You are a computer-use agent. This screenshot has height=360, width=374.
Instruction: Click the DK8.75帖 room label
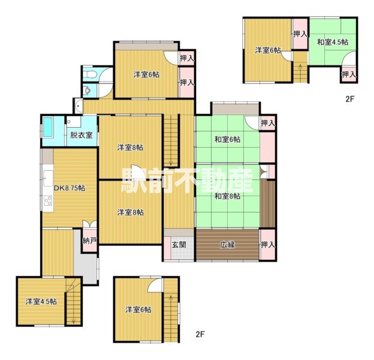tap(70, 188)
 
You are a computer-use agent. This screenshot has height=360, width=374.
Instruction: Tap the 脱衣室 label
tap(82, 135)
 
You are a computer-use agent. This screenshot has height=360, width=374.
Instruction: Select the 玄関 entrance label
tap(179, 245)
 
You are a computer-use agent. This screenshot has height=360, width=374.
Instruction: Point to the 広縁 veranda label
tap(227, 245)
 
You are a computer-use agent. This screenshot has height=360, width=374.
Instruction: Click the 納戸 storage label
tap(90, 241)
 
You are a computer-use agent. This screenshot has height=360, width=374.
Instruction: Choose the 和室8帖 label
tap(227, 196)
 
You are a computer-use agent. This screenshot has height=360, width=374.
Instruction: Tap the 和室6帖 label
tap(227, 139)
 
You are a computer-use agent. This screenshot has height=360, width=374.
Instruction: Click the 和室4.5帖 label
tap(333, 42)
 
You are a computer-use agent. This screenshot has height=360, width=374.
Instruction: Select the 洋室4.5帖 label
tap(41, 302)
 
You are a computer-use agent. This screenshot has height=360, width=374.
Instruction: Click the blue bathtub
tap(48, 127)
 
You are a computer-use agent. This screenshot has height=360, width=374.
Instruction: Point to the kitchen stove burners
tap(48, 200)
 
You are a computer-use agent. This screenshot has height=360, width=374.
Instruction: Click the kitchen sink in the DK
tap(49, 178)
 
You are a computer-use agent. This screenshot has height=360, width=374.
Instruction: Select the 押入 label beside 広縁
tap(268, 245)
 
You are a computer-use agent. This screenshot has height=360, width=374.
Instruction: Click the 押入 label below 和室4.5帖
tap(349, 74)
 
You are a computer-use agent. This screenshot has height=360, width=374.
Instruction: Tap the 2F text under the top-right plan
tap(351, 99)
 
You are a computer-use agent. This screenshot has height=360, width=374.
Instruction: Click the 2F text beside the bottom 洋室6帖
tap(200, 334)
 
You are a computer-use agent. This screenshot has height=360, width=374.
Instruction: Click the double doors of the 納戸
tap(90, 224)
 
